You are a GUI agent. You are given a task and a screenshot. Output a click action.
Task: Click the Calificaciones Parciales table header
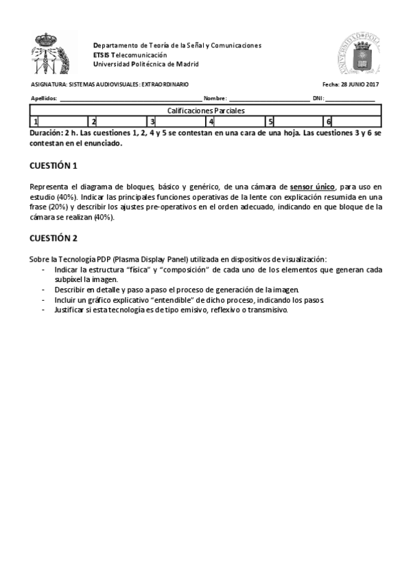[206, 110]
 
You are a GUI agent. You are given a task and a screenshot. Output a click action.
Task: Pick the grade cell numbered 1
[60, 121]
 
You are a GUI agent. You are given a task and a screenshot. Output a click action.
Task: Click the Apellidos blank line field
[130, 99]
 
